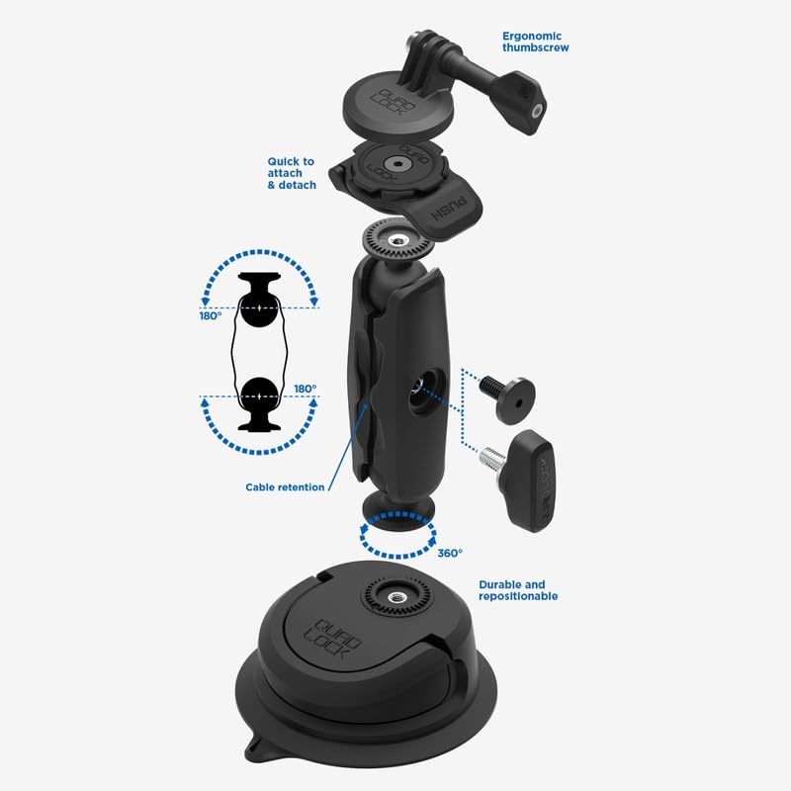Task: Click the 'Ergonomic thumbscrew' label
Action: coord(535,42)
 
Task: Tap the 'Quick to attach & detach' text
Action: coord(292,174)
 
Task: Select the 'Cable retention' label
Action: coord(285,487)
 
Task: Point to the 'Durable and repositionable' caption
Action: coord(518,590)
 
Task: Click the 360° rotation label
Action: coord(450,554)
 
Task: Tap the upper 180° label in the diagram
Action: coord(211,316)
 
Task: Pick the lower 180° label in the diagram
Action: coord(306,389)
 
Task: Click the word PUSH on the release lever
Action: coord(448,210)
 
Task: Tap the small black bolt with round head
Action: coord(506,398)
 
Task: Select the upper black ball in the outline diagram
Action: coord(259,308)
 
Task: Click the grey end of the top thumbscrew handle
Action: coord(539,110)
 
